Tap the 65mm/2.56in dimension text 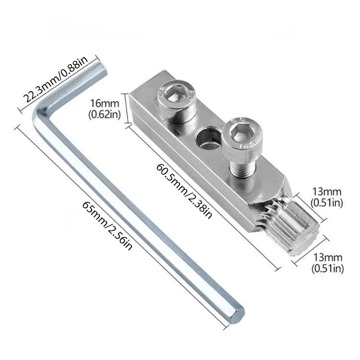[107, 226]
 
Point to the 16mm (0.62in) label [105, 109]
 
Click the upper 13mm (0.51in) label [327, 197]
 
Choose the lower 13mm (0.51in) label [328, 263]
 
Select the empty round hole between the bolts [208, 139]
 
